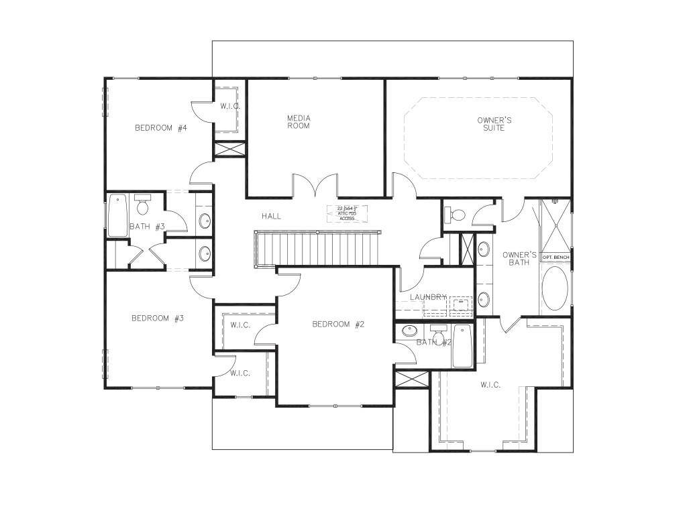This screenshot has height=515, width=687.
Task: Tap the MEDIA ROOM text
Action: pos(299,121)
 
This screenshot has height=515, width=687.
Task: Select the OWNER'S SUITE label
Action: pos(494,124)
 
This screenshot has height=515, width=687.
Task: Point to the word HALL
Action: pos(271,216)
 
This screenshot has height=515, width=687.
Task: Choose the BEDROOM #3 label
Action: pos(157,319)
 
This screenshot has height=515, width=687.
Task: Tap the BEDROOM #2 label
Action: pos(338,325)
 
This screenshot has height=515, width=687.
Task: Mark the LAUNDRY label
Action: pos(428,297)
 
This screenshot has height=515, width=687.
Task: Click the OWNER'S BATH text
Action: pos(519,258)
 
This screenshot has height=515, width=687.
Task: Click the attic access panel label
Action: pos(347,213)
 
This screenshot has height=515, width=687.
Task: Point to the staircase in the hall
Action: pos(319,248)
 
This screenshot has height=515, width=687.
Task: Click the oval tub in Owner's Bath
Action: pos(554,288)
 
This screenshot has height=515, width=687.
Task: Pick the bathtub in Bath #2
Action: pos(462,346)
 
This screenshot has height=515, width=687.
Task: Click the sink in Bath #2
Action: pos(410,331)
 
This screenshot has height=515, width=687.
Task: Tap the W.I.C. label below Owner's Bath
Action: pos(490,385)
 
